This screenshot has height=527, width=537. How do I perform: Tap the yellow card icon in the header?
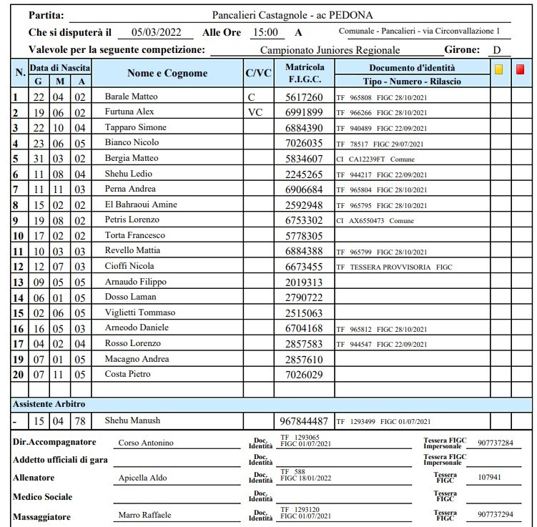coord(498,69)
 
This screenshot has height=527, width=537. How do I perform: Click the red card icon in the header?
coord(521,69)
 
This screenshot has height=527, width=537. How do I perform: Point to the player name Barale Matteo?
coord(131,97)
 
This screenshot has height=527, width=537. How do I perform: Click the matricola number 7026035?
coord(304,143)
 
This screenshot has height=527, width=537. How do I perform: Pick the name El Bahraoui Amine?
coord(141,205)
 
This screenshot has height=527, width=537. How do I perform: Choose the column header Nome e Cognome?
coord(167,73)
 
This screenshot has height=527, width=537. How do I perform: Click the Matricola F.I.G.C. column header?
coord(305,73)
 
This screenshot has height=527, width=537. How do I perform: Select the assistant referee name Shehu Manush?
coord(132,421)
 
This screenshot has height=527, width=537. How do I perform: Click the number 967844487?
coord(305,421)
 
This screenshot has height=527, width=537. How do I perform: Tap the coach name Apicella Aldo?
coord(140,478)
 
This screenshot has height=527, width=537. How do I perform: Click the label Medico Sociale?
coord(43,496)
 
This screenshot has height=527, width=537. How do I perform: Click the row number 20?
coord(19,375)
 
